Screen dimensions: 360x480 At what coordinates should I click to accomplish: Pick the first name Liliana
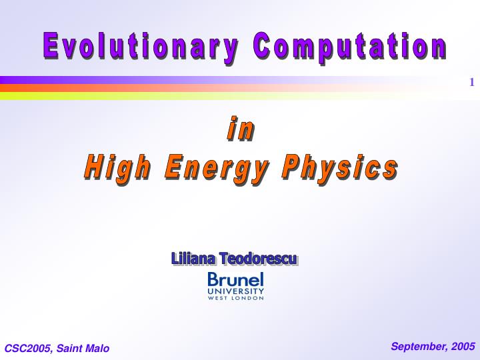coord(194,259)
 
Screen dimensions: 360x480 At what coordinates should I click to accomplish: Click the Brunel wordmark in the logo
coord(235,279)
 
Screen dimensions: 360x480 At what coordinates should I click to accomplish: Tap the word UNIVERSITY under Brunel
coord(235,291)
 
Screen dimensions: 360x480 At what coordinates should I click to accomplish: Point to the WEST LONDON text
coord(235,298)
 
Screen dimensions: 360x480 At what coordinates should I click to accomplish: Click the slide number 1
coord(471,83)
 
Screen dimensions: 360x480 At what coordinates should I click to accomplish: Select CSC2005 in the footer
coord(29,349)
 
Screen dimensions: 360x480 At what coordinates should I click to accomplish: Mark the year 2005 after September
coord(463,345)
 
